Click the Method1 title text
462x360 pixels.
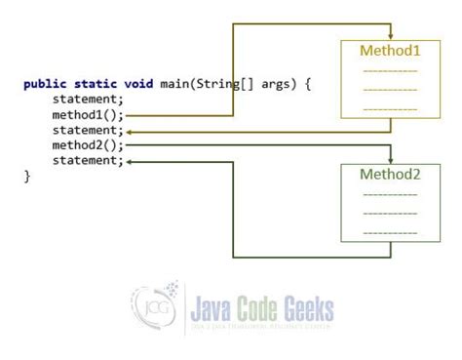[390, 50]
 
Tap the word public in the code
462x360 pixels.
[43, 84]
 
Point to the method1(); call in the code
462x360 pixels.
[88, 115]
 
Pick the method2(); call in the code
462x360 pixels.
[88, 145]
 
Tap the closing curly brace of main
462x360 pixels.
[27, 176]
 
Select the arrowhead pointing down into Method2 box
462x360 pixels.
[391, 159]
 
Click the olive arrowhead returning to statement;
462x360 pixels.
[132, 131]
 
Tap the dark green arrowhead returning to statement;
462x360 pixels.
[132, 161]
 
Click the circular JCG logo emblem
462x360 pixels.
[150, 309]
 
